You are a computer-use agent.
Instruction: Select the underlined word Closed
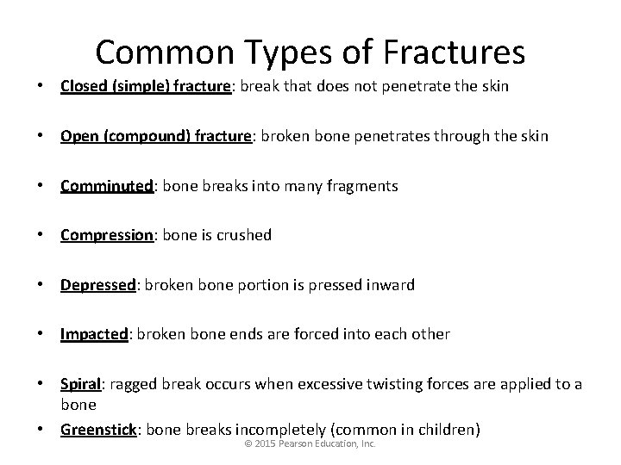(x=84, y=86)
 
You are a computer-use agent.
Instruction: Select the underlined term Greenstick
(x=97, y=429)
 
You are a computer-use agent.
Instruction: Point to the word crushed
(x=245, y=234)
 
